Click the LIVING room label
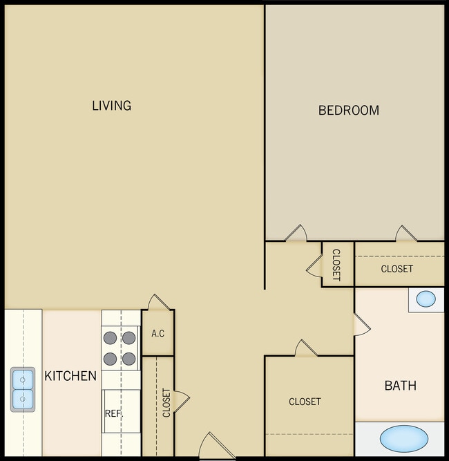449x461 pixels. (x=111, y=106)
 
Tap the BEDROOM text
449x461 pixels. (x=348, y=110)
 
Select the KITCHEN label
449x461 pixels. (x=70, y=376)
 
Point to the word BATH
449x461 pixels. (x=400, y=386)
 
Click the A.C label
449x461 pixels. (x=157, y=334)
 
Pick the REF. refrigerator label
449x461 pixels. (x=113, y=413)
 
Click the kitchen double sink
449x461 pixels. (x=22, y=388)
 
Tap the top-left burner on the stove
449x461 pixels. (x=111, y=339)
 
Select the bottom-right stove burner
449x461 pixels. (x=128, y=359)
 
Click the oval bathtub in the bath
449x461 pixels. (x=403, y=439)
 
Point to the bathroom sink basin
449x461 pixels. (x=426, y=299)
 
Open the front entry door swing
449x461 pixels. (x=211, y=446)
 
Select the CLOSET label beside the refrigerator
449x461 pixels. (x=166, y=403)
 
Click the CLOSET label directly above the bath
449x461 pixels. (x=397, y=269)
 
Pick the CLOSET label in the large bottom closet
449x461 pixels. (x=305, y=402)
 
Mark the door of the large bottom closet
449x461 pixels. (x=305, y=348)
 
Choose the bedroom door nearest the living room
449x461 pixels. (x=296, y=234)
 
